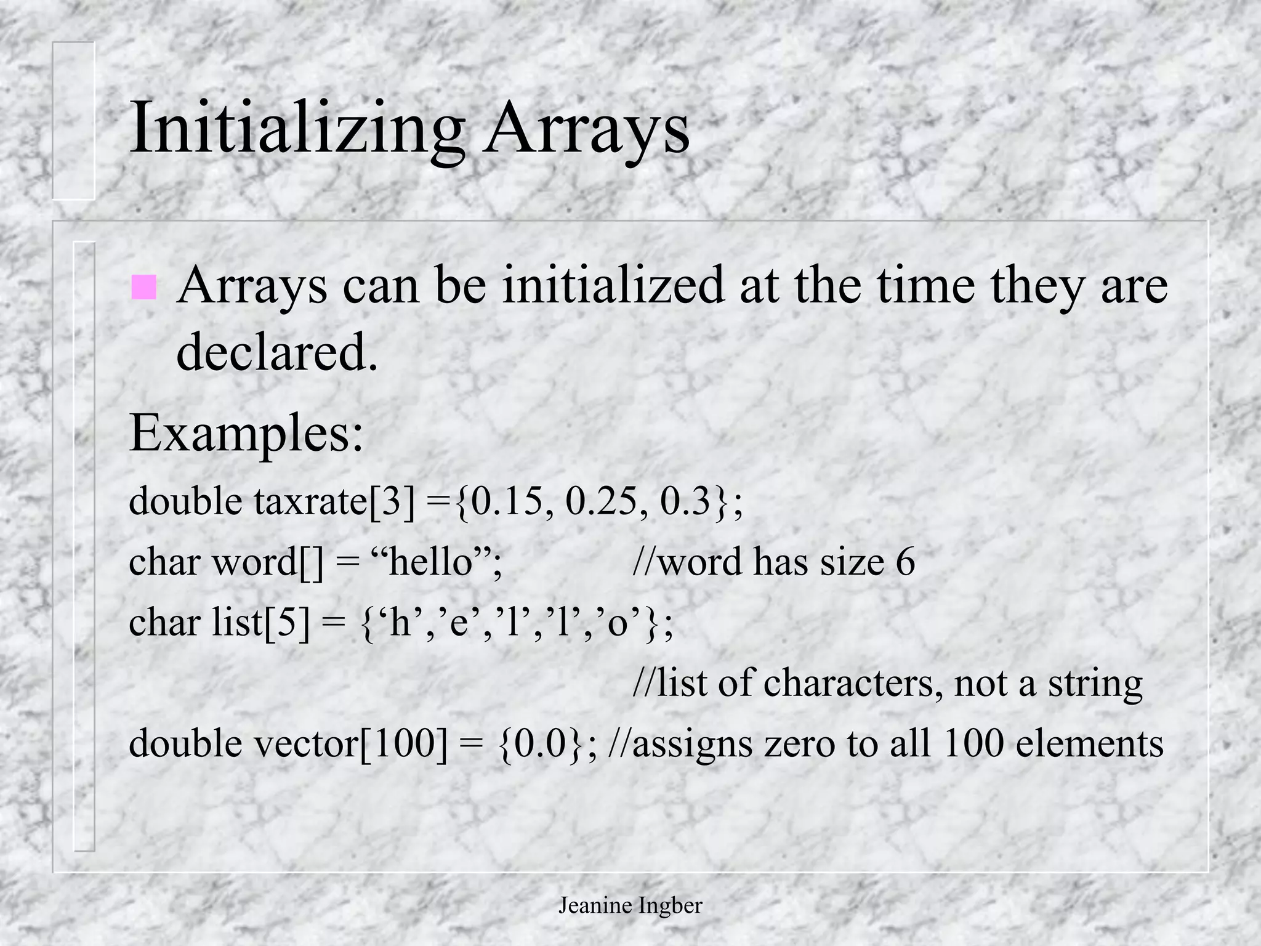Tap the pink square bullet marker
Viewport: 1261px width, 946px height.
(143, 287)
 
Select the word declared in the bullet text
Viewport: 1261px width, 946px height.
(276, 351)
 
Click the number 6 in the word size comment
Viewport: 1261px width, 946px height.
(905, 562)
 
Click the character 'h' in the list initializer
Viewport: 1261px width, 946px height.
(400, 622)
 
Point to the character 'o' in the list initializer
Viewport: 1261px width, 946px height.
(617, 622)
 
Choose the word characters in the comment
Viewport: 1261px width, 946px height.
(852, 682)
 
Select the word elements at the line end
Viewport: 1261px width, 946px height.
(1089, 743)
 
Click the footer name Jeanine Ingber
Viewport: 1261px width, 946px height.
(630, 905)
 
